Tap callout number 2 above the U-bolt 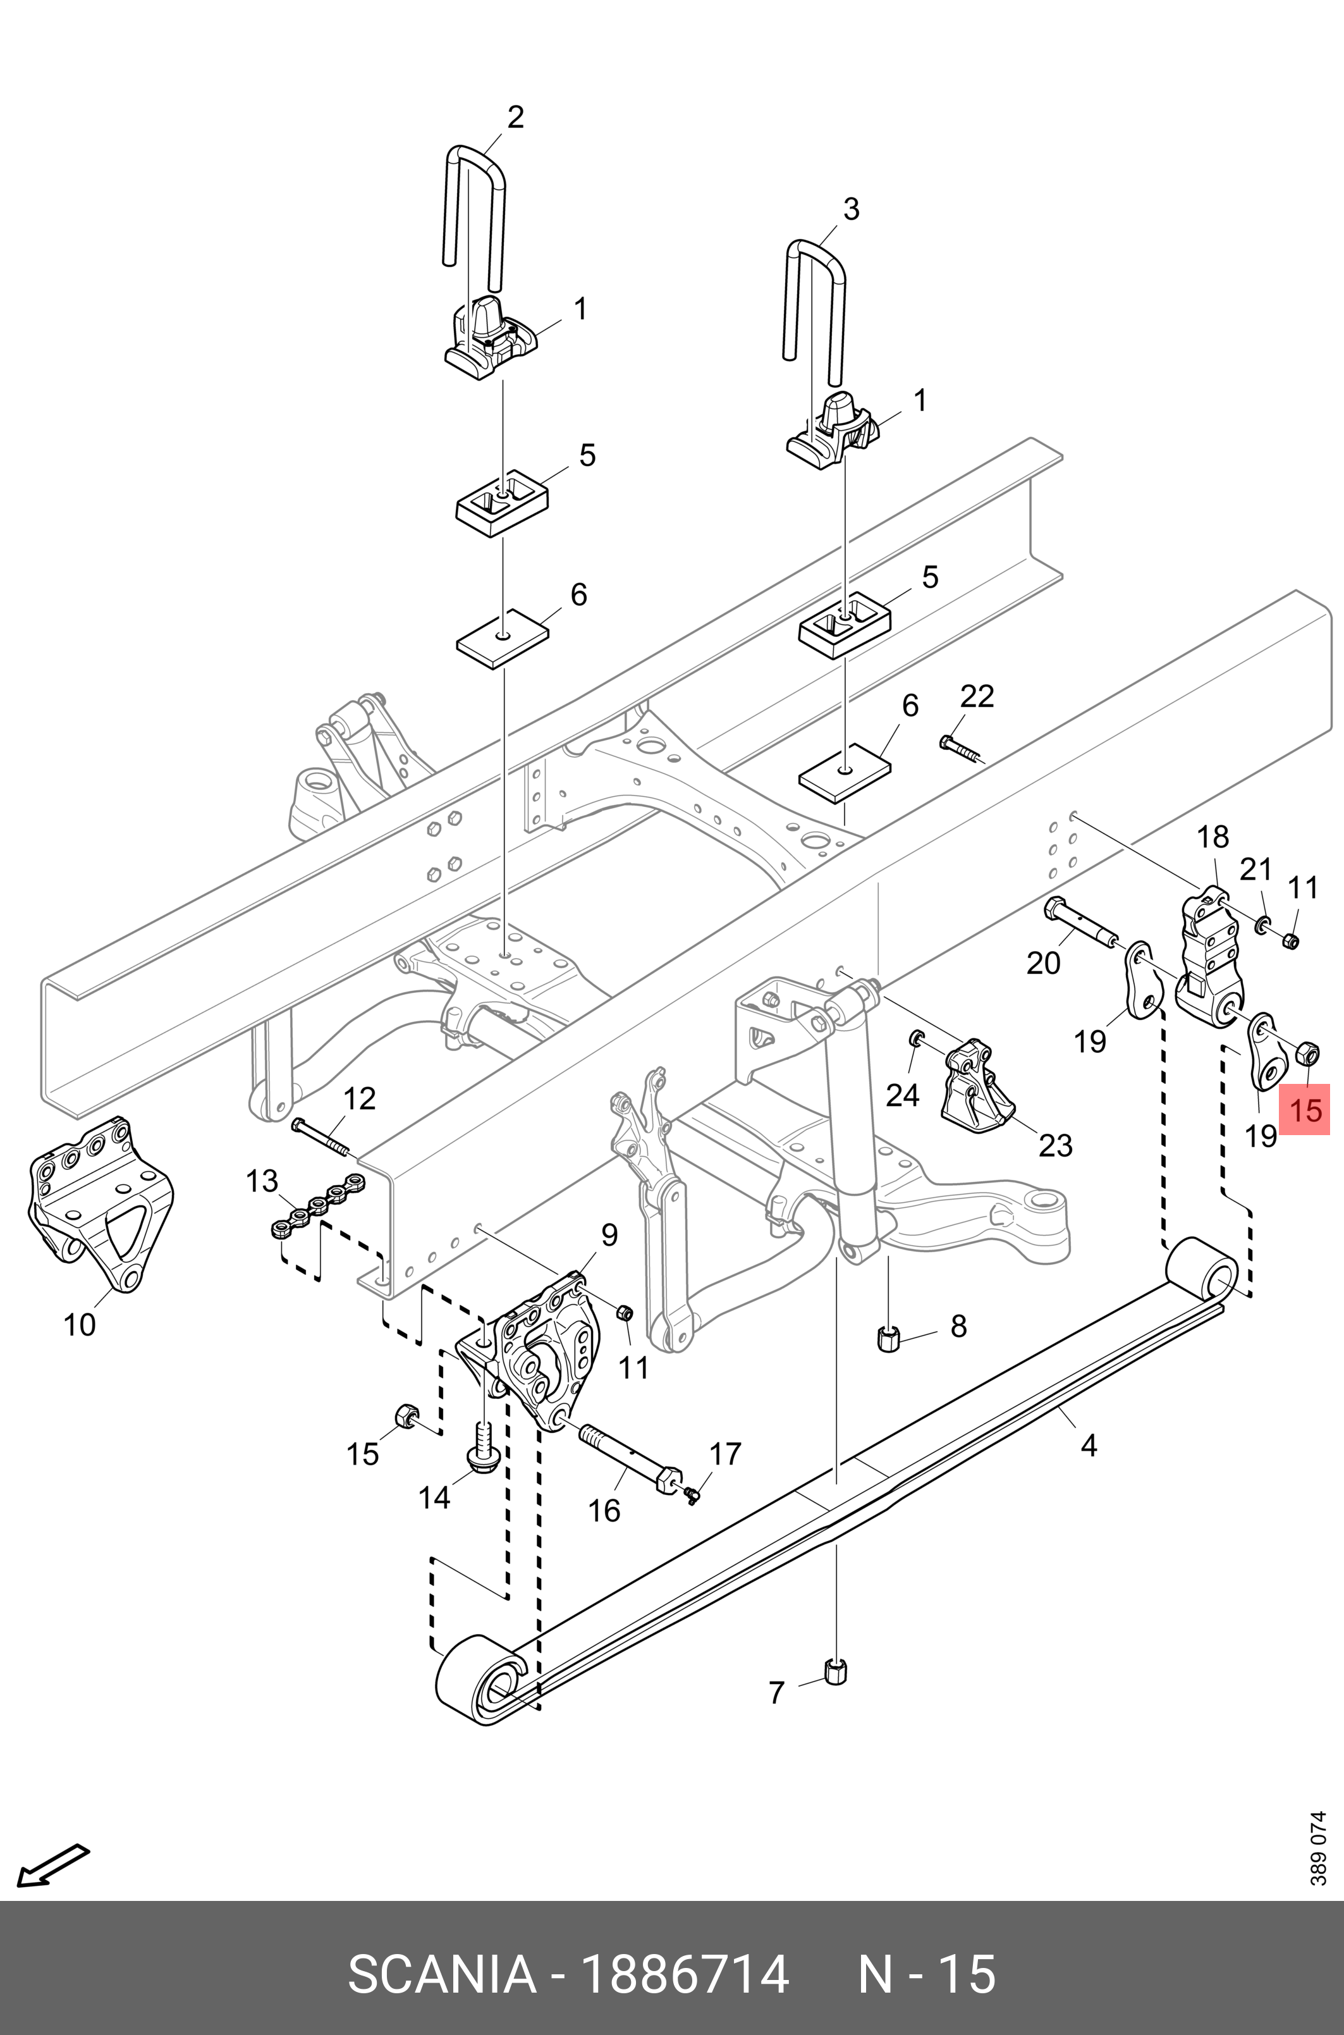click(515, 118)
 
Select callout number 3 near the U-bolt click(850, 209)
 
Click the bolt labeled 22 click(962, 748)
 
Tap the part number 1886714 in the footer click(685, 1973)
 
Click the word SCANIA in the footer click(441, 1973)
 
